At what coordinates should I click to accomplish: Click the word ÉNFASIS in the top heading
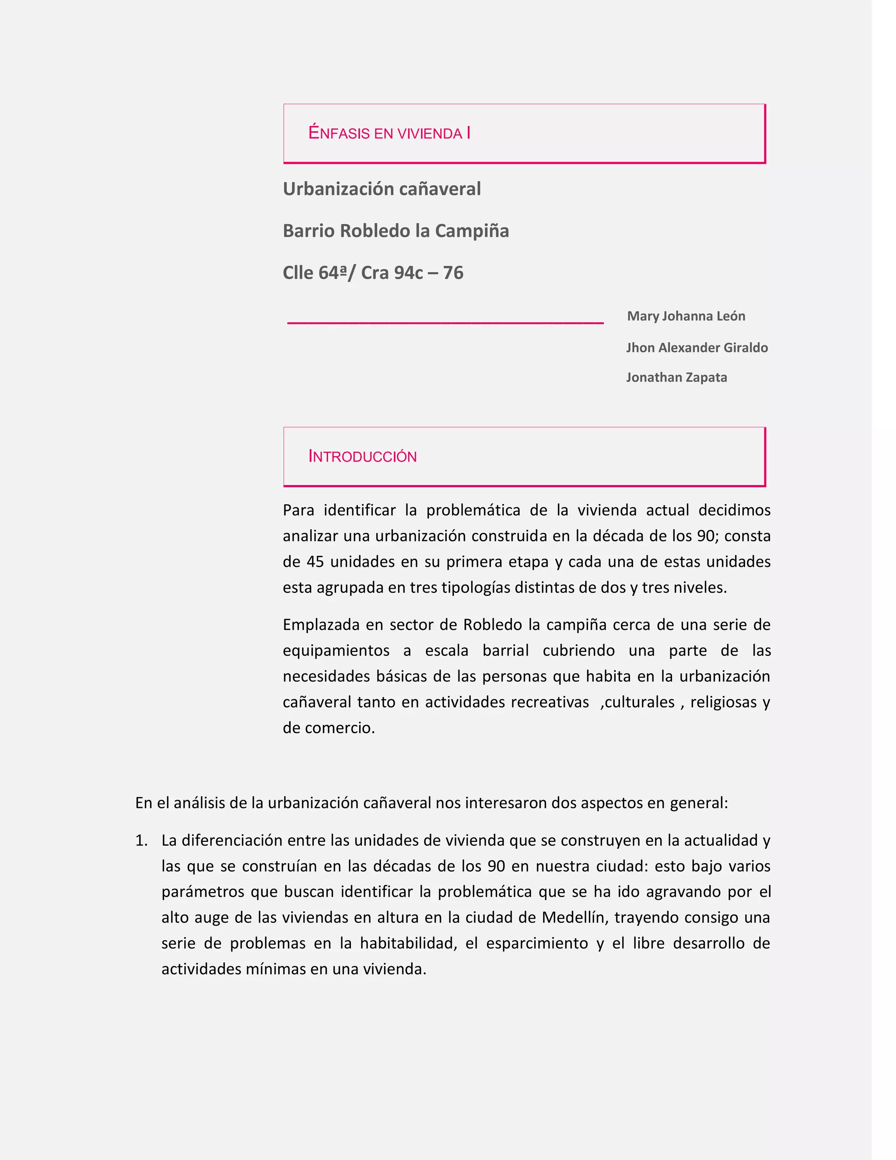pyautogui.click(x=339, y=133)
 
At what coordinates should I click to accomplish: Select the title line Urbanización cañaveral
pyautogui.click(x=381, y=189)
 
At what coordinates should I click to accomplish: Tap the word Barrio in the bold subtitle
pyautogui.click(x=308, y=231)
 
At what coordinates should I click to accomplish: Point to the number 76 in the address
pyautogui.click(x=453, y=272)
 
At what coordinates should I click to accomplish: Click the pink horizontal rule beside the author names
pyautogui.click(x=445, y=322)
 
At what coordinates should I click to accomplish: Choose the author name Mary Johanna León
pyautogui.click(x=686, y=316)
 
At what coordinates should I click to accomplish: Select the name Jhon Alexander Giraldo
pyautogui.click(x=696, y=348)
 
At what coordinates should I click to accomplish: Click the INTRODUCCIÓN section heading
pyautogui.click(x=363, y=456)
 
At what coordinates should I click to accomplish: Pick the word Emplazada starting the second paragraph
pyautogui.click(x=321, y=625)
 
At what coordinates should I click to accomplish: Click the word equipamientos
pyautogui.click(x=336, y=650)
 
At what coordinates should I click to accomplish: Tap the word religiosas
pyautogui.click(x=724, y=702)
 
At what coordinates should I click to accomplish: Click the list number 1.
pyautogui.click(x=141, y=840)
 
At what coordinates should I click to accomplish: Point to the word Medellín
pyautogui.click(x=574, y=917)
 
